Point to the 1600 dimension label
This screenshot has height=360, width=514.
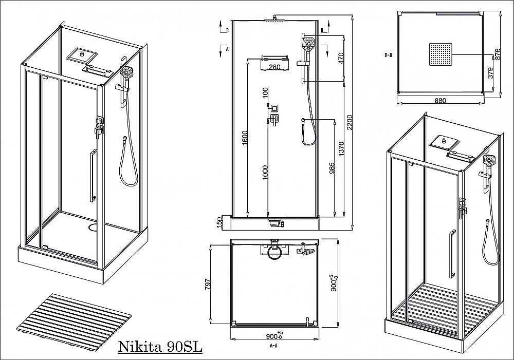click(245, 137)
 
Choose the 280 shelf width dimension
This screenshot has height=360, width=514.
click(274, 67)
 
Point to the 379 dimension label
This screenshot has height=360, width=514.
click(490, 73)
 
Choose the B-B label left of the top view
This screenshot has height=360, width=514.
click(389, 53)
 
